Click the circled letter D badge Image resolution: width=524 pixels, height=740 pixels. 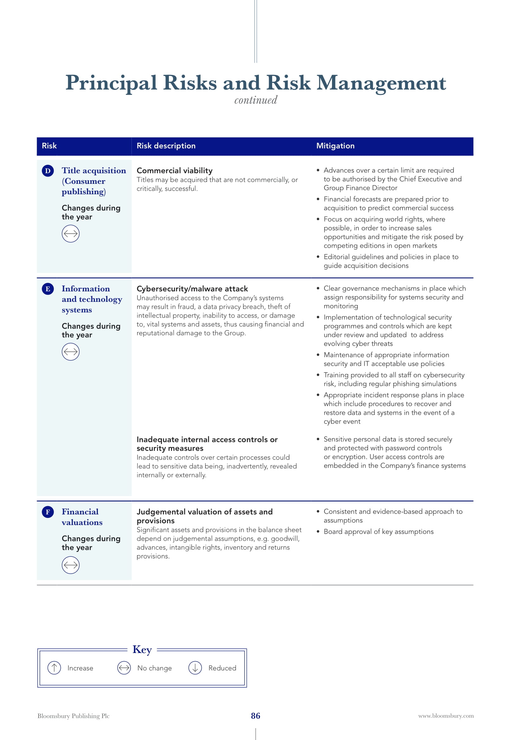[48, 171]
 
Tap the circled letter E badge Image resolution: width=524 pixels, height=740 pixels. [48, 289]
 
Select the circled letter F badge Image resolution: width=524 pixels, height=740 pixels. [48, 512]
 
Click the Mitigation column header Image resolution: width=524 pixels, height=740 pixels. [335, 146]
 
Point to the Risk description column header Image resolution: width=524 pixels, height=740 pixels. [166, 146]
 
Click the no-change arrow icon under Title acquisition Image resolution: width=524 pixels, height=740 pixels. [70, 234]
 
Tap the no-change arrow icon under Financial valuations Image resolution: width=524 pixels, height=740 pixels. [70, 565]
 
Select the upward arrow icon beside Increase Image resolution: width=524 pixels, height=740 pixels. [54, 668]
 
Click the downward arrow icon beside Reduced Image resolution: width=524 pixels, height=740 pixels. [195, 668]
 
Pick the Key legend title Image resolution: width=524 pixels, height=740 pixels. [142, 650]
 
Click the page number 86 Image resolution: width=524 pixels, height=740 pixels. [256, 716]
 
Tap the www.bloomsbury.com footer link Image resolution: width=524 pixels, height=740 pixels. [446, 716]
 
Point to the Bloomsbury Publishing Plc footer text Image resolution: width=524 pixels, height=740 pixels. [73, 716]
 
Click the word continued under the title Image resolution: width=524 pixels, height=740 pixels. [256, 100]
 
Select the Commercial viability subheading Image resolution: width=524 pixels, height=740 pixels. [175, 171]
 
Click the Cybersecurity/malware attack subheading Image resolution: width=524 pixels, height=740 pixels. [192, 289]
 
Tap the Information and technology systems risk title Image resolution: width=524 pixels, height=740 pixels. [92, 299]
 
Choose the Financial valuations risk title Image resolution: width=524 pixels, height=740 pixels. [82, 517]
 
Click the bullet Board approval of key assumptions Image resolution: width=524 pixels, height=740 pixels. [379, 532]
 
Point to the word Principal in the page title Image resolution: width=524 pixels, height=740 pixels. [111, 83]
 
